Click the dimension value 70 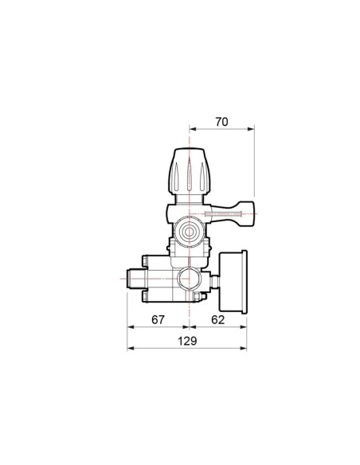click(x=221, y=122)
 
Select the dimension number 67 click(x=158, y=320)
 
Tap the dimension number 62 click(x=218, y=320)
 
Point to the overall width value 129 click(x=187, y=341)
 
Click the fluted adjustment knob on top click(x=190, y=171)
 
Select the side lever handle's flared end click(x=245, y=214)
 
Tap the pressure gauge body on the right click(x=233, y=282)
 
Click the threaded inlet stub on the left click(x=135, y=279)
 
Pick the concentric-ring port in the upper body click(x=189, y=232)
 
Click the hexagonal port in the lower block click(x=189, y=279)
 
